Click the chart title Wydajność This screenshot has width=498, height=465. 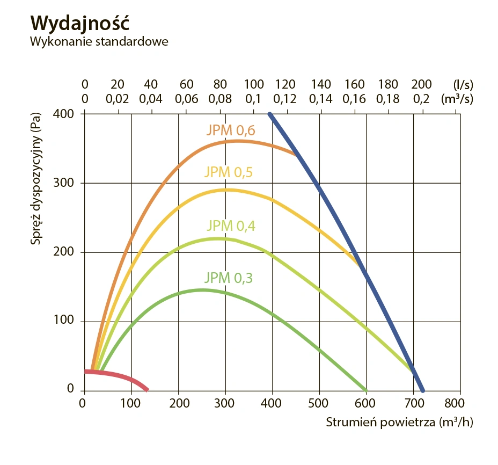click(x=80, y=23)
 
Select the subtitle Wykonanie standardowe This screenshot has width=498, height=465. click(x=99, y=41)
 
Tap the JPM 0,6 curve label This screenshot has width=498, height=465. click(x=230, y=130)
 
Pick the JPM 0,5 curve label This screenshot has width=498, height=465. click(x=228, y=172)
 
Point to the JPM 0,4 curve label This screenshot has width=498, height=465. click(x=231, y=226)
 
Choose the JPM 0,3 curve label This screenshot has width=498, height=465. click(x=228, y=278)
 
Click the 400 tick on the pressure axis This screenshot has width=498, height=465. click(x=65, y=114)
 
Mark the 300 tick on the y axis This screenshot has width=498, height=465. click(x=65, y=183)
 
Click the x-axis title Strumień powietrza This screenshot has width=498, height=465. click(x=400, y=422)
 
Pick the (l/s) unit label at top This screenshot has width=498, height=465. click(x=463, y=84)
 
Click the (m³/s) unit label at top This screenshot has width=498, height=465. click(x=457, y=99)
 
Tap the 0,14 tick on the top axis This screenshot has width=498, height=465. click(x=321, y=99)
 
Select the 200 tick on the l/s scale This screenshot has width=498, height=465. click(x=421, y=84)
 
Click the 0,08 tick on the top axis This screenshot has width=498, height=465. click(x=219, y=99)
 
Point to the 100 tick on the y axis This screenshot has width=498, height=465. click(x=65, y=322)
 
